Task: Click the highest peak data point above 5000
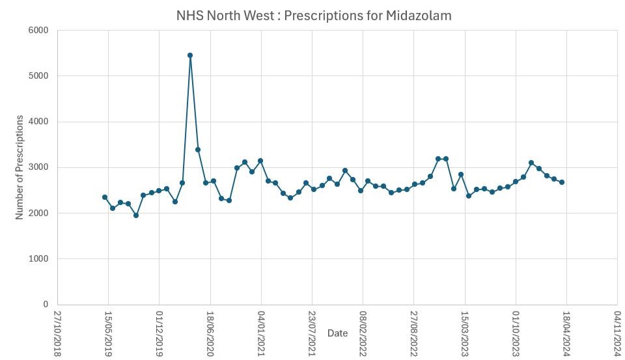pos(190,55)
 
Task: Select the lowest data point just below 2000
pos(136,215)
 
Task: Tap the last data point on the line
pos(562,182)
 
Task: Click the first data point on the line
pos(105,197)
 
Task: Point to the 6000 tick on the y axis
pos(38,30)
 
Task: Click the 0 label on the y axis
pos(46,305)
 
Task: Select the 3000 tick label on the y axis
pos(38,167)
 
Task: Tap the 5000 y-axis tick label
pos(38,76)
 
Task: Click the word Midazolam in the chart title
pos(420,15)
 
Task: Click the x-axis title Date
pos(337,333)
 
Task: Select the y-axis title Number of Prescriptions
pos(20,167)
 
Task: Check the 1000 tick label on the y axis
pos(38,259)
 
